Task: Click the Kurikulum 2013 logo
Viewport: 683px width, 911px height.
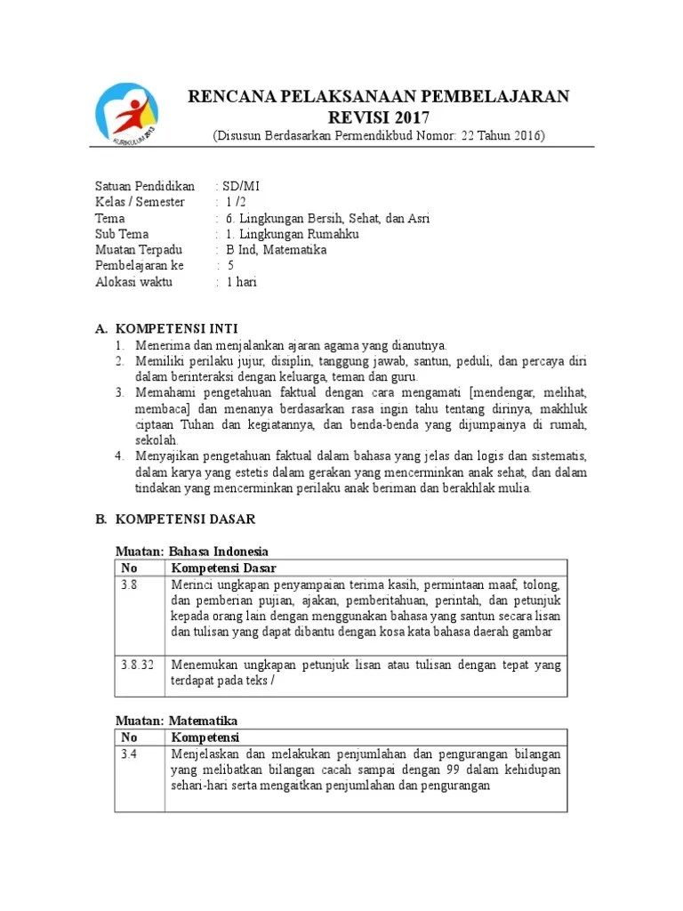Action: (x=128, y=114)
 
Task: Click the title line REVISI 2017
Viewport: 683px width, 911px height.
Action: (x=378, y=117)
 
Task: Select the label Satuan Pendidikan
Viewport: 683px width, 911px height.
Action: (x=144, y=186)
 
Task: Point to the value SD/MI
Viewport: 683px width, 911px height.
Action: (x=241, y=186)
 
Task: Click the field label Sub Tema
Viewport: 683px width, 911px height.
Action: (x=122, y=234)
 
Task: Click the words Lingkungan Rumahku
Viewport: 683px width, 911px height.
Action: (x=283, y=234)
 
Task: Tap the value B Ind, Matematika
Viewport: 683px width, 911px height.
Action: (x=276, y=250)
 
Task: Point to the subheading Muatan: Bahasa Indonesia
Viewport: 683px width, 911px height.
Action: (x=192, y=552)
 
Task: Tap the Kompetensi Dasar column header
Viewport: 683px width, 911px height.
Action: (x=223, y=568)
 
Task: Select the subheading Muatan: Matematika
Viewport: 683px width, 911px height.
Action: (x=177, y=721)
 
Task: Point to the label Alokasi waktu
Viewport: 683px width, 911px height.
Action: (x=134, y=282)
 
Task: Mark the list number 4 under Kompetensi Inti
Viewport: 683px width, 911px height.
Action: (x=119, y=456)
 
